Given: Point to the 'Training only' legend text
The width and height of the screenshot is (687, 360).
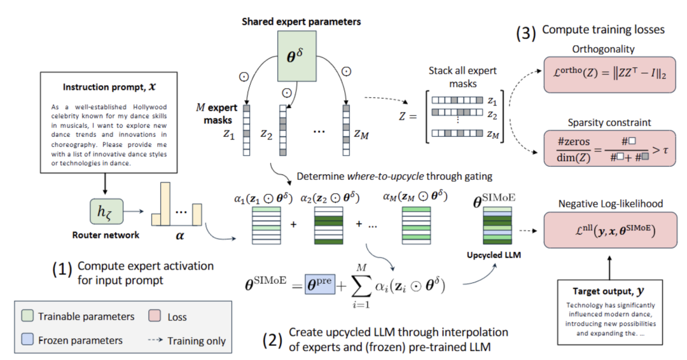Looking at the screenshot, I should [197, 341].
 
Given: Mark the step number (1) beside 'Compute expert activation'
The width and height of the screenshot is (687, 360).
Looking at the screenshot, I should [62, 269].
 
